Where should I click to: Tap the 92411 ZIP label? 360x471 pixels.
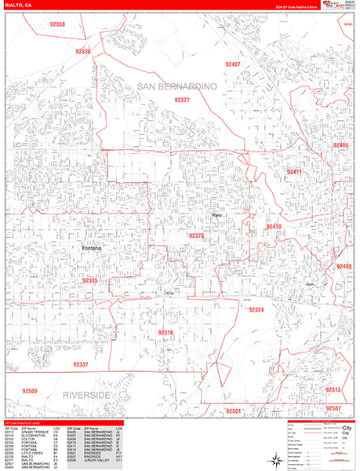(293, 171)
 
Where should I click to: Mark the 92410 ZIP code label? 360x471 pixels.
(273, 227)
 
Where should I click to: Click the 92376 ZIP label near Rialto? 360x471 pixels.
(196, 235)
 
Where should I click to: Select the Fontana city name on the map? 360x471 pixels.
(94, 249)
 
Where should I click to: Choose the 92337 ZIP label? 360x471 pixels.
(80, 364)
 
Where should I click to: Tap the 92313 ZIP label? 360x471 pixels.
(333, 390)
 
